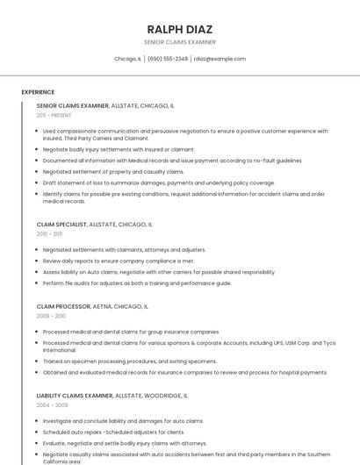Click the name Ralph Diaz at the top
click(x=179, y=29)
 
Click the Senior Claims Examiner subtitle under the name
click(x=179, y=42)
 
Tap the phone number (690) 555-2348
click(x=168, y=59)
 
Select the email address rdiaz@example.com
click(x=220, y=59)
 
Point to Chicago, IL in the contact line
click(x=127, y=59)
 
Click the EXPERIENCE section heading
click(x=38, y=92)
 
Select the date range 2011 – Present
click(x=54, y=115)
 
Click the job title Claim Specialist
click(x=61, y=224)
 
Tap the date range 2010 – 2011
click(x=49, y=234)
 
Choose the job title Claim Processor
click(x=63, y=306)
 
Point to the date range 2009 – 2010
click(x=51, y=316)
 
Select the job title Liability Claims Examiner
click(x=75, y=396)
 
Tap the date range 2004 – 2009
click(x=52, y=405)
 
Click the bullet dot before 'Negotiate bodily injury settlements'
click(x=37, y=149)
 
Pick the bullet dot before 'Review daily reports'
click(x=37, y=261)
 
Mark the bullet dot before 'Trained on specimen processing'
click(x=37, y=361)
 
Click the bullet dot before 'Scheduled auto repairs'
click(x=37, y=432)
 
